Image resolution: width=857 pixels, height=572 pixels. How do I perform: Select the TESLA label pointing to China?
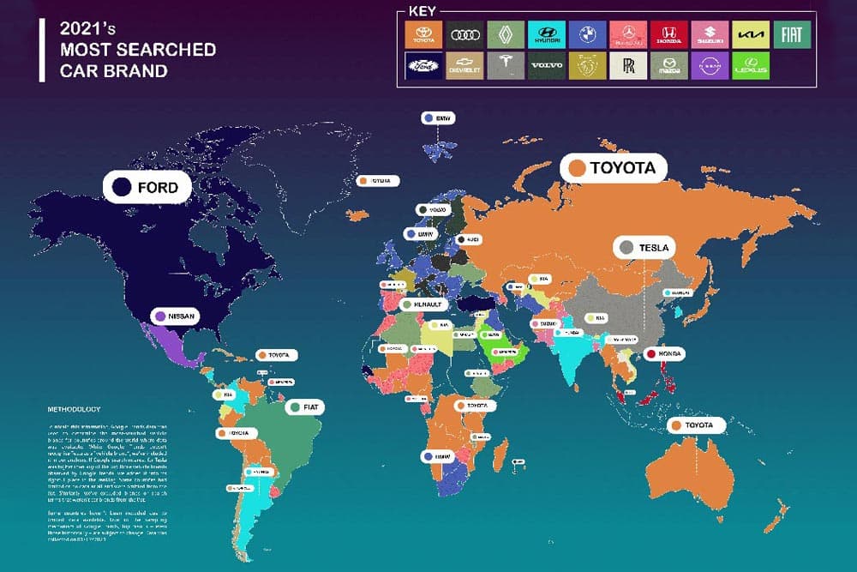pyautogui.click(x=647, y=248)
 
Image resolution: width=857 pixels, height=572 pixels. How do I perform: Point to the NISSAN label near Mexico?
pyautogui.click(x=175, y=316)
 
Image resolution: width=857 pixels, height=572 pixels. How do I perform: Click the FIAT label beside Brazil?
pyautogui.click(x=307, y=407)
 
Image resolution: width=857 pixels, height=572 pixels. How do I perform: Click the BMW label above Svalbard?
pyautogui.click(x=438, y=118)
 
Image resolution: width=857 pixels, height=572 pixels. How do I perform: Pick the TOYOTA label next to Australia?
pyautogui.click(x=694, y=424)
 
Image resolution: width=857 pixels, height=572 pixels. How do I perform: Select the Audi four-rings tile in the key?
pyautogui.click(x=464, y=35)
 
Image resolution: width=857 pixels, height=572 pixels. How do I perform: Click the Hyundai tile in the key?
pyautogui.click(x=546, y=35)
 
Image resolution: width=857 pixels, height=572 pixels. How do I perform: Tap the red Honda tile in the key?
pyautogui.click(x=668, y=35)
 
